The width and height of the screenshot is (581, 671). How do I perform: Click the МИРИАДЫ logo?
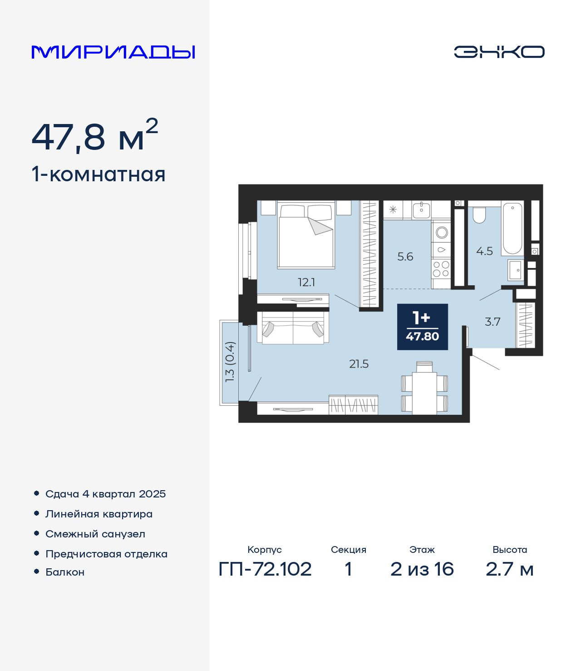[113, 52]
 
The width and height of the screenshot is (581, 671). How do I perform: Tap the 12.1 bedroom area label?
[306, 283]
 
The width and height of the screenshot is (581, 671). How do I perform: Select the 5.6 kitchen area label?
[405, 257]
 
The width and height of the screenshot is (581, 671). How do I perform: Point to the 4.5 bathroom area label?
[484, 251]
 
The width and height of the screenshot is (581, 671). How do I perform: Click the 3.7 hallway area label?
[492, 322]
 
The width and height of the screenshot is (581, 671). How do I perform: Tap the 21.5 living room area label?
[359, 364]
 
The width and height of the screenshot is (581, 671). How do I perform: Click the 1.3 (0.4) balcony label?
[229, 362]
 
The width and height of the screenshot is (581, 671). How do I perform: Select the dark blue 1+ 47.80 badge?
[423, 327]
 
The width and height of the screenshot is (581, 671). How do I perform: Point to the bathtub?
[512, 228]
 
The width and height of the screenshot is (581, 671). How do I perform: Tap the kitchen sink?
[421, 210]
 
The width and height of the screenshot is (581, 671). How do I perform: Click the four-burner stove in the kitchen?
[441, 269]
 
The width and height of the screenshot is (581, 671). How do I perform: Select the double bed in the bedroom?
[306, 235]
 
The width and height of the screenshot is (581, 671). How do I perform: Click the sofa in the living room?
[293, 327]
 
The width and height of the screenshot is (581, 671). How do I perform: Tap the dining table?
[424, 393]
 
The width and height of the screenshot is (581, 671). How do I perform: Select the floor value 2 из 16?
[422, 569]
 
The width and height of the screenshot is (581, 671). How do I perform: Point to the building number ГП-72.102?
[265, 569]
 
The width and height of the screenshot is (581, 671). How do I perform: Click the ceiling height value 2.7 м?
[509, 569]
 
